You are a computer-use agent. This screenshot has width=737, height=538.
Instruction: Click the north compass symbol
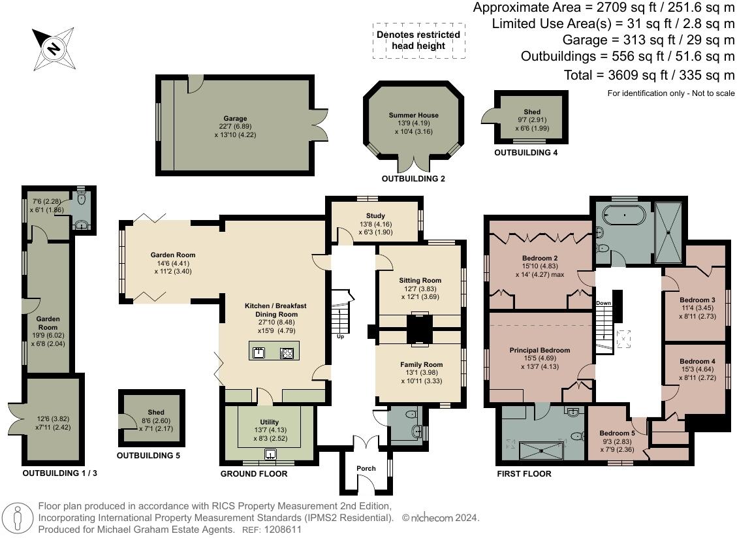53,49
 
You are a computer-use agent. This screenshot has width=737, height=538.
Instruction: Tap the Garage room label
235,119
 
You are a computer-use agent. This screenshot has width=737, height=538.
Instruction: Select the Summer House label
414,115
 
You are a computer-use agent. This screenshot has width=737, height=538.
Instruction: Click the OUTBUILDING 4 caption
526,152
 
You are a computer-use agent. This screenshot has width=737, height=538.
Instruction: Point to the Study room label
375,215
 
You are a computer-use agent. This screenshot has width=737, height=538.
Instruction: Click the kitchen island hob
287,353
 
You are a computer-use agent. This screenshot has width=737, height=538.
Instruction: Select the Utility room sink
270,454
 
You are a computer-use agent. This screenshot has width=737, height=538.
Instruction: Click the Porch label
366,468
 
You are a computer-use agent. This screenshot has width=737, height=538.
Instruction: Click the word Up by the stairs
340,336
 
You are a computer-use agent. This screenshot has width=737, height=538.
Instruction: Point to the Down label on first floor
604,303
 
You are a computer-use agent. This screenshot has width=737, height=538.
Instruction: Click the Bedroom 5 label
617,433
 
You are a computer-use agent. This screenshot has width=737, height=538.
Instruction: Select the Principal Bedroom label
540,350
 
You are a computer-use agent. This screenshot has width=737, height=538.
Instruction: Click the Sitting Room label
420,280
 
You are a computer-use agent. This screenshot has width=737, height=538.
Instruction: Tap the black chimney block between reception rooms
418,329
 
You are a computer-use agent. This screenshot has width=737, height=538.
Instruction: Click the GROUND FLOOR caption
254,473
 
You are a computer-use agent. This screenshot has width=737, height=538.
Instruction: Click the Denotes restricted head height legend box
419,40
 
